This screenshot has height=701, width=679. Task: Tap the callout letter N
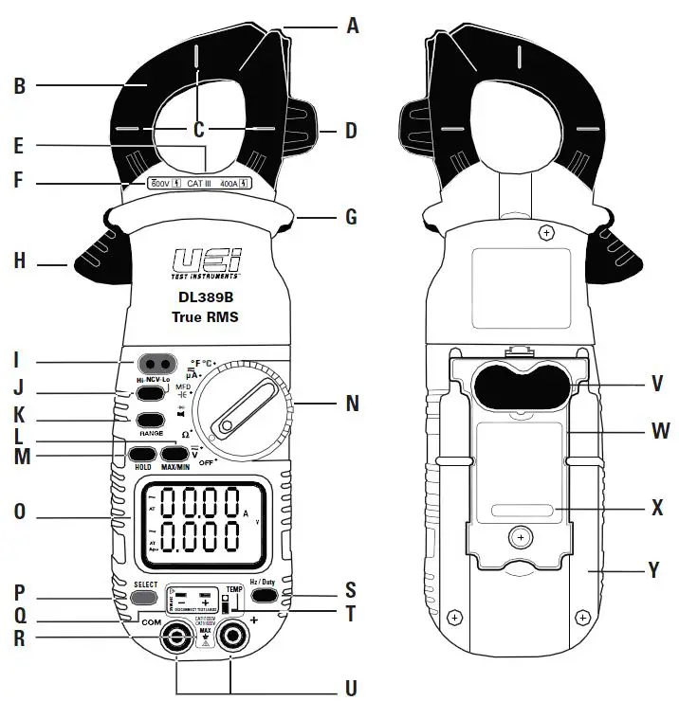coord(352,404)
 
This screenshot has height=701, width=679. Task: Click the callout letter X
coord(657,507)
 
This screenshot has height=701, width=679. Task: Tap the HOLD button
coord(144,454)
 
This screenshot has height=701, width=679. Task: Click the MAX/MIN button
coord(177,454)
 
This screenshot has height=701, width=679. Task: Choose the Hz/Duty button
coord(264,596)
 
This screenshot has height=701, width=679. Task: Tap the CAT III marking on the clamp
coord(199,182)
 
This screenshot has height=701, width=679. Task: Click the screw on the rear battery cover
coord(518,538)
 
